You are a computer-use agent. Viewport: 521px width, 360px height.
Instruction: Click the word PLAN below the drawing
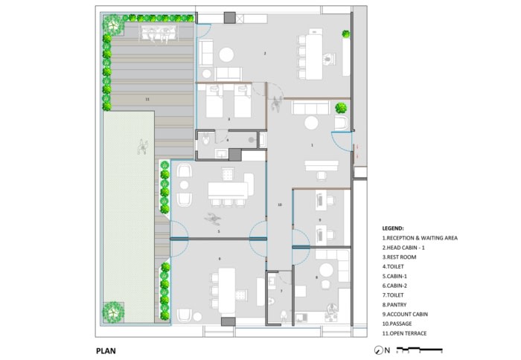pyautogui.click(x=106, y=350)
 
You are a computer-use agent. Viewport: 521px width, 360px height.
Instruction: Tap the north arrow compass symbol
pyautogui.click(x=378, y=350)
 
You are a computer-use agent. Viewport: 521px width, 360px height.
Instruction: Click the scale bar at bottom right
pyautogui.click(x=420, y=350)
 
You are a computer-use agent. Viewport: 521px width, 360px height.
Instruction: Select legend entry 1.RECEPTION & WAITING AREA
pyautogui.click(x=420, y=238)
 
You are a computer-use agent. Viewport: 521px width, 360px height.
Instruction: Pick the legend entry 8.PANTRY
pyautogui.click(x=394, y=304)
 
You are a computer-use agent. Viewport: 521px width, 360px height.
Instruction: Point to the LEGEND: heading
pyautogui.click(x=393, y=228)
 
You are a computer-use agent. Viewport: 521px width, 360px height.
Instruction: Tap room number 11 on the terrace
pyautogui.click(x=147, y=99)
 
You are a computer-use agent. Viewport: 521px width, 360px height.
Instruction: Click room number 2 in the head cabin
pyautogui.click(x=265, y=53)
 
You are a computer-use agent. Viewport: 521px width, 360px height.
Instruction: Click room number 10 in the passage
pyautogui.click(x=280, y=205)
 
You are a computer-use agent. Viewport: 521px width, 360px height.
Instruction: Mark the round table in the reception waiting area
pyautogui.click(x=311, y=123)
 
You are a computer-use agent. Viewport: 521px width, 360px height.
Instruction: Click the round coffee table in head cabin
pyautogui.click(x=226, y=54)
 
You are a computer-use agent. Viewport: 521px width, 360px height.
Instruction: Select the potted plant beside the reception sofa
pyautogui.click(x=341, y=108)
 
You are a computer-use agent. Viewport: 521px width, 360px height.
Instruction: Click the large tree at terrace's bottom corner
pyautogui.click(x=113, y=312)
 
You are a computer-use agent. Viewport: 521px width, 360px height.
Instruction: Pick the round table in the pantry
pyautogui.click(x=326, y=270)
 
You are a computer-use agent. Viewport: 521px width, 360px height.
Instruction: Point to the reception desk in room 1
pyautogui.click(x=322, y=165)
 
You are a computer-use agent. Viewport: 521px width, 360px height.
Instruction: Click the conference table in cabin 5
pyautogui.click(x=228, y=190)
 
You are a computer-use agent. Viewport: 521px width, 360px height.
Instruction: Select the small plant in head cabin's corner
pyautogui.click(x=346, y=34)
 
